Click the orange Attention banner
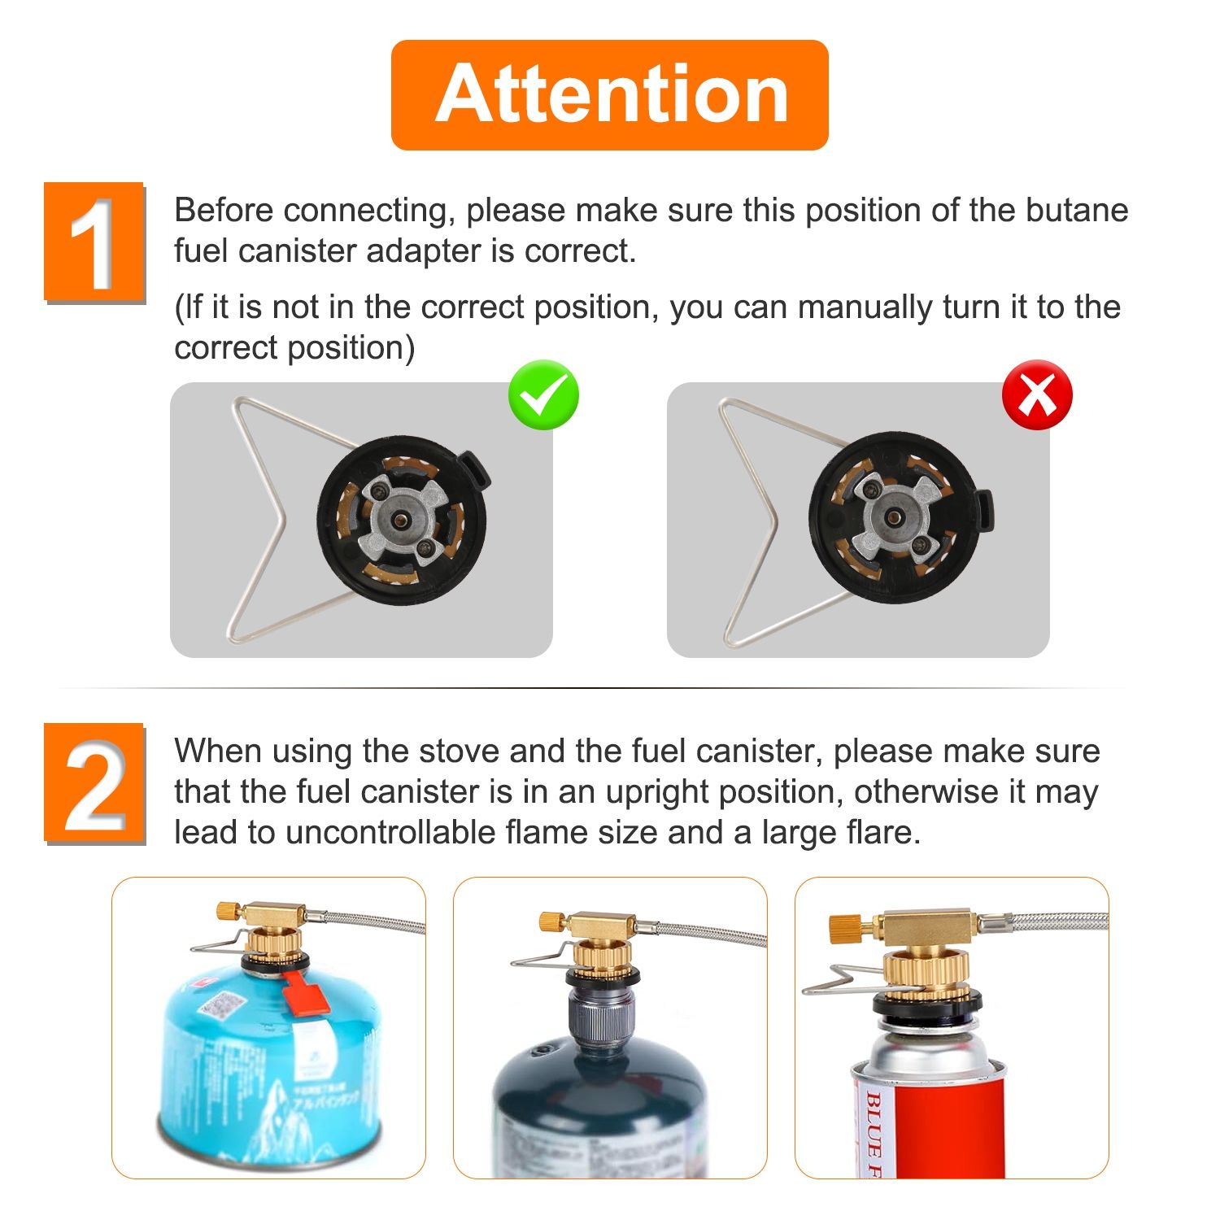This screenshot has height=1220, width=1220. (609, 94)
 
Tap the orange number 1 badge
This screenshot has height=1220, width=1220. (94, 242)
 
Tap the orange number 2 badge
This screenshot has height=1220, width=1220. (94, 782)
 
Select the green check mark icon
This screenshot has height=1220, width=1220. (543, 395)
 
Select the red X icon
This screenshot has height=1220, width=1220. (1037, 395)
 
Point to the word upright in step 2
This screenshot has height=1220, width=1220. (658, 791)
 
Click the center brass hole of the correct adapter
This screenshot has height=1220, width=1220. (401, 517)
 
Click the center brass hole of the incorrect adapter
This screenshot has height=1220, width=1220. (893, 516)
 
